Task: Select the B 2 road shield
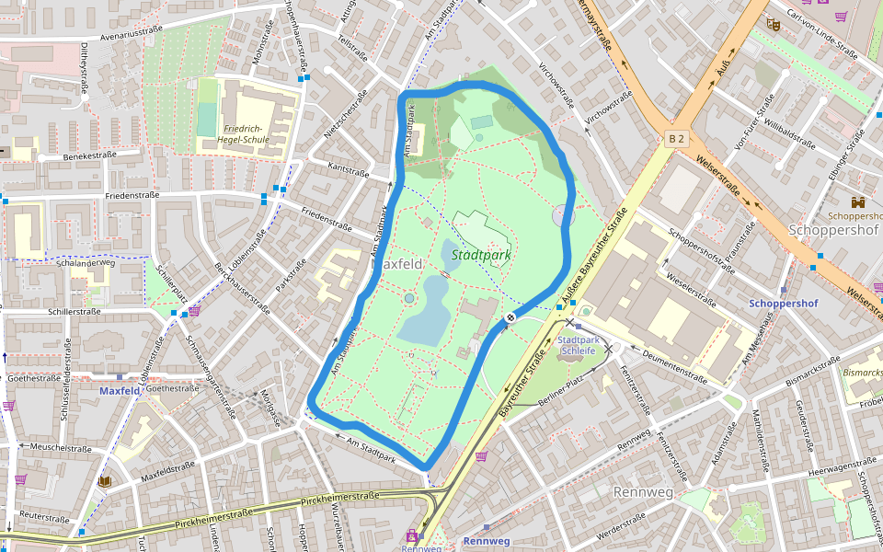[x=677, y=139]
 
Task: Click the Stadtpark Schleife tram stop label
[x=579, y=345]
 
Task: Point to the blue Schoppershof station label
[x=783, y=303]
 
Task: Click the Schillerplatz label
[x=172, y=286]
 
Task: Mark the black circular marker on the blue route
[x=510, y=318]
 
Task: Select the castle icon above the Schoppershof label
[x=858, y=201]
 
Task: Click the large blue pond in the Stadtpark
[x=426, y=308]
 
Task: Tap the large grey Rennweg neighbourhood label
[x=643, y=492]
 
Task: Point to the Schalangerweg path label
[x=85, y=262]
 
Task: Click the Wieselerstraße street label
[x=690, y=287]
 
